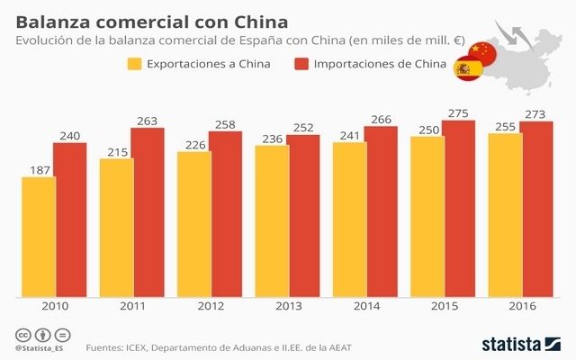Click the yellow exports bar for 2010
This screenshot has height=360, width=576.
pos(38,236)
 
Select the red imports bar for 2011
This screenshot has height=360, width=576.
pos(148,211)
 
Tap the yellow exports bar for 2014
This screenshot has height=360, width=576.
pos(349,219)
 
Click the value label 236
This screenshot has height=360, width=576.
pos(272,137)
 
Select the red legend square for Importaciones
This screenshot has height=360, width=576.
pos(301,64)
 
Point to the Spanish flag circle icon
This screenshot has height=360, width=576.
pos(466,69)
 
